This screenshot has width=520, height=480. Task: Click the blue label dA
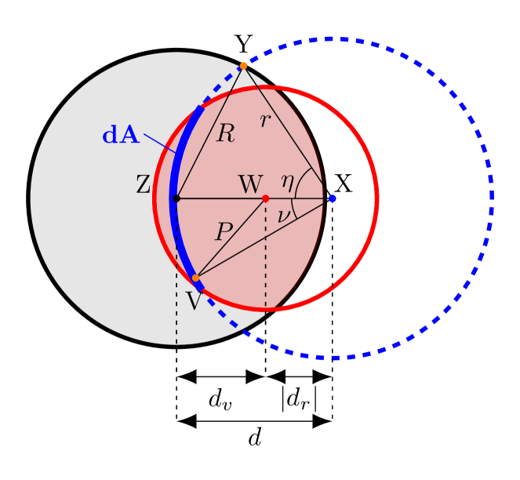click(x=121, y=136)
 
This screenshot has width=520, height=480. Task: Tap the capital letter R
click(x=225, y=134)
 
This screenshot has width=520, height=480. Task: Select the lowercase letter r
click(x=265, y=120)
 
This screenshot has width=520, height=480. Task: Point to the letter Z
click(x=143, y=185)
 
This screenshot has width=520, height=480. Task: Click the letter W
click(x=250, y=185)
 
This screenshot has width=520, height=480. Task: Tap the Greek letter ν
click(x=284, y=214)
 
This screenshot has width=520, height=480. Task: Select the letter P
click(x=224, y=232)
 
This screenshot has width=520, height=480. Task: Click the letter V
click(x=194, y=301)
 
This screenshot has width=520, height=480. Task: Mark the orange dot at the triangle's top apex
click(x=243, y=66)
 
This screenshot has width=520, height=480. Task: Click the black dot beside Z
click(x=176, y=198)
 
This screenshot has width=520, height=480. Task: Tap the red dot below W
click(x=266, y=198)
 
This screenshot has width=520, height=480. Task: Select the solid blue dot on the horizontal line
click(x=333, y=198)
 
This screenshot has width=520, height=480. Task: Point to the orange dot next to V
click(x=196, y=278)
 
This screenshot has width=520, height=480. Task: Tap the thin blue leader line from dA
click(x=160, y=143)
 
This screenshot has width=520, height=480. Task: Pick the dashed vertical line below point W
click(x=266, y=259)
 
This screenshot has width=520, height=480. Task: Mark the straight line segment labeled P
click(x=235, y=233)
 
